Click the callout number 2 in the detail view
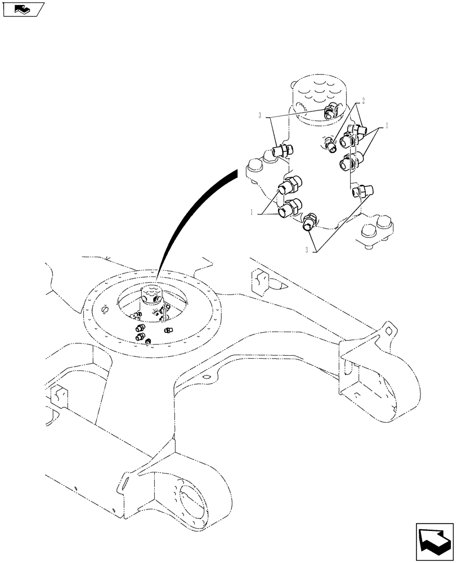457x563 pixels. [364, 101]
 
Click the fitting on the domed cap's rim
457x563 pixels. [330, 113]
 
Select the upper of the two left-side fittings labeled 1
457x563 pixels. [291, 185]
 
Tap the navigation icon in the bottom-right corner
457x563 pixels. [434, 540]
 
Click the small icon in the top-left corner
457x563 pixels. [23, 10]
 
